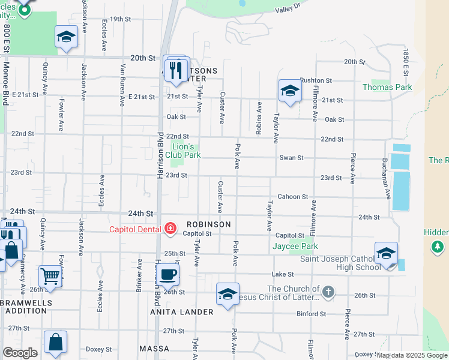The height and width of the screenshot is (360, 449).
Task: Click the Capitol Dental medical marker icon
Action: [170, 229]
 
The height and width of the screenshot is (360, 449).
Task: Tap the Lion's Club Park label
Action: [183, 151]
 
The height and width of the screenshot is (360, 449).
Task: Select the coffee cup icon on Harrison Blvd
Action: [167, 274]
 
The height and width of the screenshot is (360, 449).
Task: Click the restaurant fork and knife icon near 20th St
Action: [176, 70]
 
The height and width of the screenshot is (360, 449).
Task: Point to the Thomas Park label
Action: [387, 87]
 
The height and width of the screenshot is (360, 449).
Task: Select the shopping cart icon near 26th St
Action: [50, 276]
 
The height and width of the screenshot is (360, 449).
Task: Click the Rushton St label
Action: [316, 80]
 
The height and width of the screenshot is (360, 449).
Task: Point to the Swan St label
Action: [292, 158]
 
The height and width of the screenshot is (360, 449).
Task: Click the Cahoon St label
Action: [292, 197]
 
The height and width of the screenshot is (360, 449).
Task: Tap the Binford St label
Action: [311, 314]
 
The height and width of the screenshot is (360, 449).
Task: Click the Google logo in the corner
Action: [20, 353]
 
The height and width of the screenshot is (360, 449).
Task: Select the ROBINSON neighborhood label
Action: [208, 224]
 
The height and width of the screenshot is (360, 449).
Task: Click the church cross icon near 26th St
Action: [327, 293]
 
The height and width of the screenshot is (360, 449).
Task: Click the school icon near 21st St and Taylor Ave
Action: [290, 91]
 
